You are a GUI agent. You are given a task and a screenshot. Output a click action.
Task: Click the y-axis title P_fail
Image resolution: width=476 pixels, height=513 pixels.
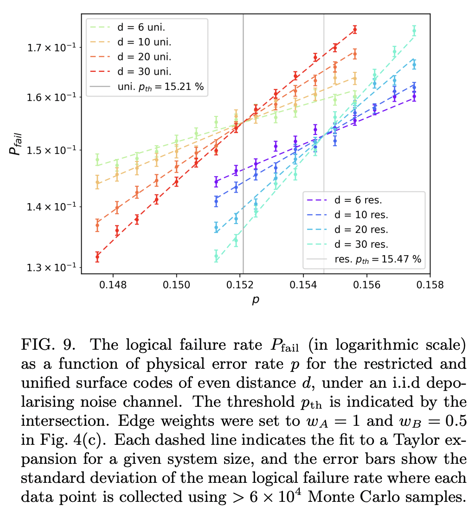click(x=17, y=144)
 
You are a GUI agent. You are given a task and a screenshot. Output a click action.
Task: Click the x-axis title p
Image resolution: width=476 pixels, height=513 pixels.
click(x=256, y=301)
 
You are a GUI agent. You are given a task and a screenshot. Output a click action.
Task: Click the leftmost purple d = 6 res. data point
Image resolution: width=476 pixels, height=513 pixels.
click(x=216, y=182)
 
